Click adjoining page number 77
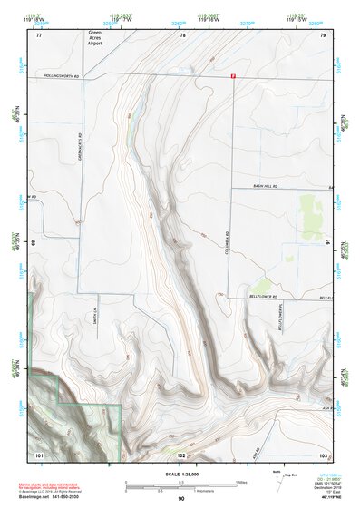click(x=39, y=35)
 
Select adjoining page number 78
click(x=182, y=35)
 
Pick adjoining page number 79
click(x=323, y=35)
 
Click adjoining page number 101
click(x=39, y=453)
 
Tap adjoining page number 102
click(x=181, y=453)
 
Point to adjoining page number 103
click(x=322, y=453)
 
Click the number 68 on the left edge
click(x=34, y=243)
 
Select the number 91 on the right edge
click(x=326, y=243)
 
